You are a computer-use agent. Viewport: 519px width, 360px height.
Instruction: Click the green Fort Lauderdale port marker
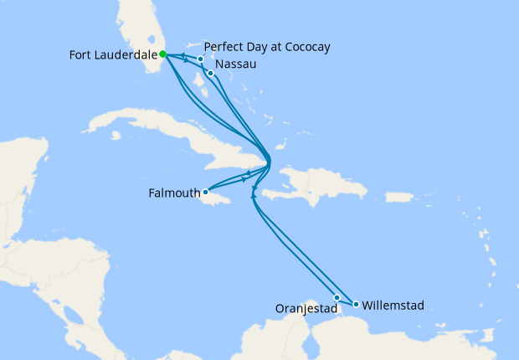(x=162, y=54)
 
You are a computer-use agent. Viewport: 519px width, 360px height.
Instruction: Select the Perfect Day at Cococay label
(x=266, y=47)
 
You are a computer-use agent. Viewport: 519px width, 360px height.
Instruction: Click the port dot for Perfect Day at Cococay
(x=201, y=59)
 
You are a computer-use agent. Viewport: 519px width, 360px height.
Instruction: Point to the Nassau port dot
(x=211, y=74)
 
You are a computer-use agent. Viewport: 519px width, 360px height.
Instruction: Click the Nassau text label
(x=235, y=64)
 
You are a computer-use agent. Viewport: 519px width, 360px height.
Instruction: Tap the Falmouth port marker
(x=205, y=192)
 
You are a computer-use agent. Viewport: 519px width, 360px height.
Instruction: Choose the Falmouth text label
(x=174, y=193)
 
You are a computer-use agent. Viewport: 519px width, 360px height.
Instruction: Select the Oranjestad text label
(x=306, y=308)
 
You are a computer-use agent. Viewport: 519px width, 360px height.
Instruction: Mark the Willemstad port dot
(x=356, y=304)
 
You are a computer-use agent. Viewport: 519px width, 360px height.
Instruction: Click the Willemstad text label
(x=393, y=306)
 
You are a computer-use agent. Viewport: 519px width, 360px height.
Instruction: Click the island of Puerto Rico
(x=401, y=198)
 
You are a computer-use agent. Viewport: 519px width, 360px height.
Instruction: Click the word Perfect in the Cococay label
(x=224, y=47)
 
